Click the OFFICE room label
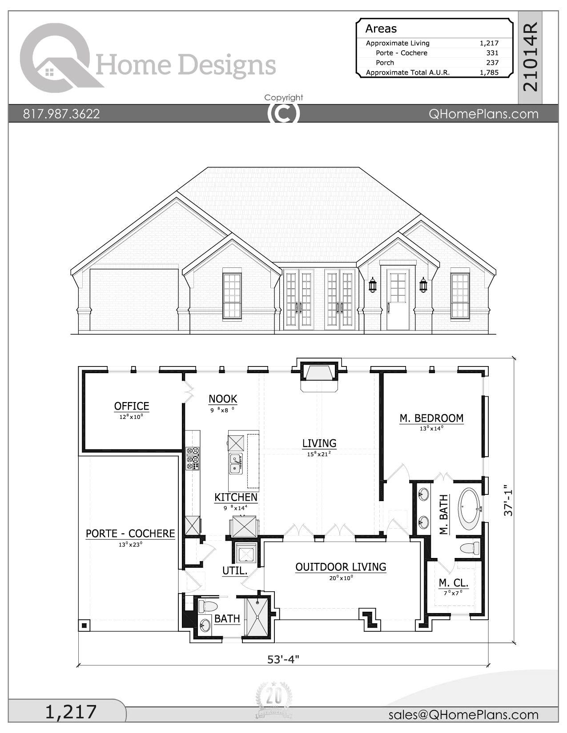point(132,406)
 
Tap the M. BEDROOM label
point(431,418)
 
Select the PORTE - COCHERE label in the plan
point(130,534)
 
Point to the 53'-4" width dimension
point(283,659)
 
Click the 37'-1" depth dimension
point(508,500)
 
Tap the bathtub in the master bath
point(469,508)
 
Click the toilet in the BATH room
point(208,606)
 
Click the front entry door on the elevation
point(398,299)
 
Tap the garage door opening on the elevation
point(134,300)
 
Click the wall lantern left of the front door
point(373,285)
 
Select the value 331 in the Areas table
point(492,53)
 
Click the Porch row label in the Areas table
point(385,63)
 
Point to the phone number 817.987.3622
point(61,114)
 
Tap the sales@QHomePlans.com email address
point(463,714)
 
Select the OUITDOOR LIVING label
point(341,567)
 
